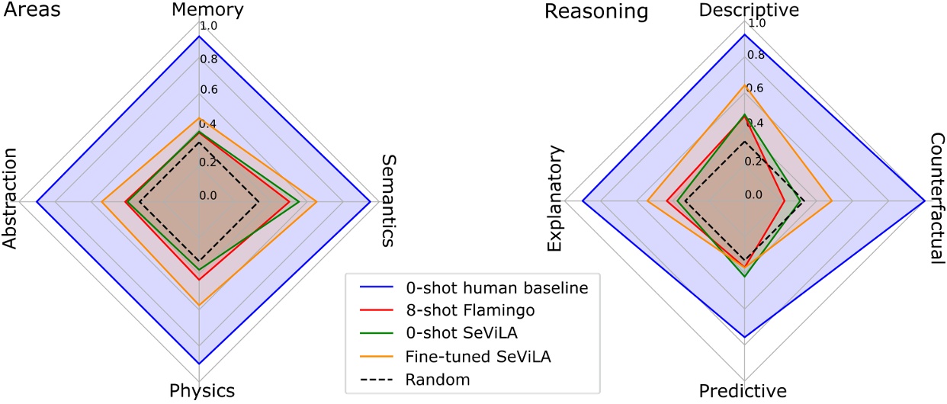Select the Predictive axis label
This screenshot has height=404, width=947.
[x=742, y=392]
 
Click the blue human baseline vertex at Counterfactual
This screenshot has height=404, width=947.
[x=924, y=200]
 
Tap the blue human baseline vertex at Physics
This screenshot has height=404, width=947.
[x=199, y=363]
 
